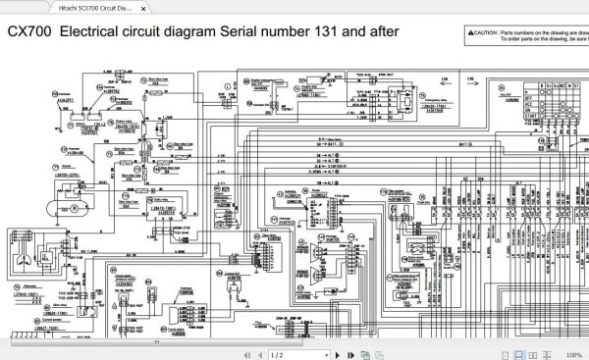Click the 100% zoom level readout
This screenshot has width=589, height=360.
coord(573,354)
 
